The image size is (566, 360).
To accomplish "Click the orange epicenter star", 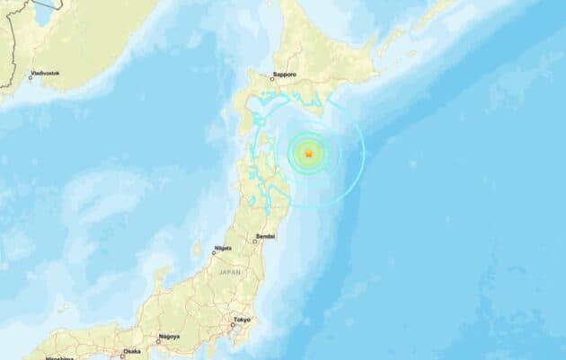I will pyautogui.click(x=307, y=155).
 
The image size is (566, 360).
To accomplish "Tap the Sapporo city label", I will pyautogui.click(x=286, y=76).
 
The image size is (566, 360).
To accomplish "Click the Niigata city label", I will pyautogui.click(x=223, y=248).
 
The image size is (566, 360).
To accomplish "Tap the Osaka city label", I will pyautogui.click(x=131, y=351).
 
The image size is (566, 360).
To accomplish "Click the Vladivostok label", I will pyautogui.click(x=44, y=71).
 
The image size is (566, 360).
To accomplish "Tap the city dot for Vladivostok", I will pyautogui.click(x=30, y=77).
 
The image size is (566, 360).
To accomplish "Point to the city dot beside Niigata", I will pyautogui.click(x=214, y=254).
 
